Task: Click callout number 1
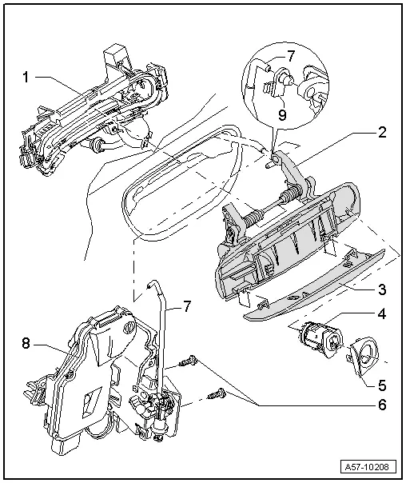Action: pyautogui.click(x=26, y=78)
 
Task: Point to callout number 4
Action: pyautogui.click(x=383, y=315)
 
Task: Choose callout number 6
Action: pyautogui.click(x=383, y=405)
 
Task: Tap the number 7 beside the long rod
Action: pyautogui.click(x=186, y=306)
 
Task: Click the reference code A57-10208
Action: pyautogui.click(x=368, y=466)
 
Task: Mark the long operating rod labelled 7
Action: pyautogui.click(x=164, y=336)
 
